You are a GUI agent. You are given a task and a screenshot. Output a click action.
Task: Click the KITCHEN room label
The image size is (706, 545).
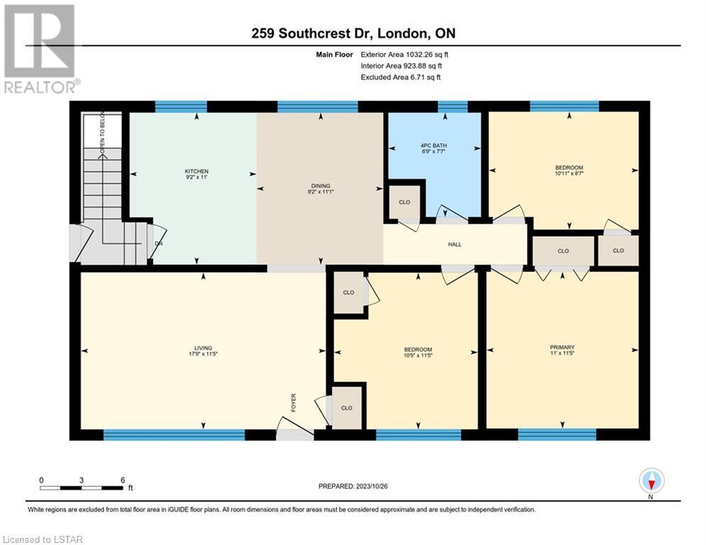tap(197, 171)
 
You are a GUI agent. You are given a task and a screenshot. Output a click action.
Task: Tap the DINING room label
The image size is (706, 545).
tap(321, 186)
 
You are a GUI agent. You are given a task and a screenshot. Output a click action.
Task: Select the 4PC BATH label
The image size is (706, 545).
tap(434, 145)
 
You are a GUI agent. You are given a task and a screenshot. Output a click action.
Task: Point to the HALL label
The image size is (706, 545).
tap(455, 245)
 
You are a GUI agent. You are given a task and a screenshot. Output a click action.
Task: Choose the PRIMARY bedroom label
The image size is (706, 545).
tap(563, 347)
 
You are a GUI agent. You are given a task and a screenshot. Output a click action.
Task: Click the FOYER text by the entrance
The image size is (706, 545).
tap(294, 402)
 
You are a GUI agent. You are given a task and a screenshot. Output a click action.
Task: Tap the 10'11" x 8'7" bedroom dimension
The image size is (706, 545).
tap(569, 173)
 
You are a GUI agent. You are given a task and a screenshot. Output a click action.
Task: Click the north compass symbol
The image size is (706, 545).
tap(651, 481)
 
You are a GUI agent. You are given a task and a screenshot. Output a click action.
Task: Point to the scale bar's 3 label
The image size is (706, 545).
tap(82, 480)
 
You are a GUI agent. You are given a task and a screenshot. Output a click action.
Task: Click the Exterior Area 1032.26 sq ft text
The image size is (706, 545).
tap(404, 55)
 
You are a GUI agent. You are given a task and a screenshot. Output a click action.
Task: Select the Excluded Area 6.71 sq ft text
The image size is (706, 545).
tap(400, 77)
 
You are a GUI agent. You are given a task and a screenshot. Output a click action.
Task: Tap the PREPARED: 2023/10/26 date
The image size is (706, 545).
tap(353, 486)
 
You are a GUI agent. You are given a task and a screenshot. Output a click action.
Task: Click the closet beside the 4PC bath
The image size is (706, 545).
tap(404, 202)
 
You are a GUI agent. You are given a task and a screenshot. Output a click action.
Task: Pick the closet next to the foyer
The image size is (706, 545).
tap(347, 407)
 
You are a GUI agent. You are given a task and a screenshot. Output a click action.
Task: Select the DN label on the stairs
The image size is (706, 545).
tap(158, 243)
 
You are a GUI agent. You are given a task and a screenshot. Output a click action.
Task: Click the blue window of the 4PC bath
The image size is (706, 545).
tap(453, 106)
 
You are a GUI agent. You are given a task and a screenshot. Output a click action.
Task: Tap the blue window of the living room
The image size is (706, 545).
tap(175, 434)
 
